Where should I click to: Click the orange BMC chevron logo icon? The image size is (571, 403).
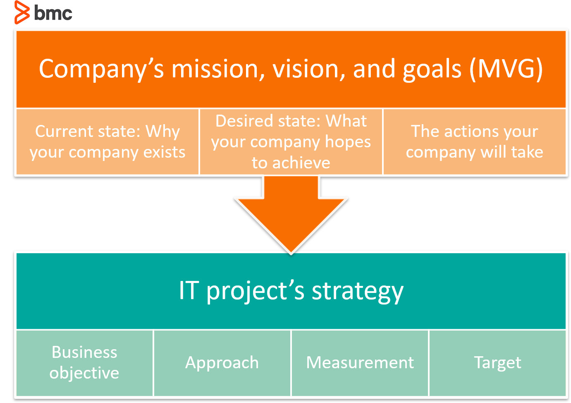22,12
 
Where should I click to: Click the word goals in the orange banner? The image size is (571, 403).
432,70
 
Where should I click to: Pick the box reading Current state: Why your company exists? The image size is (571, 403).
108,142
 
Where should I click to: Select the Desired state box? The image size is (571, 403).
291,142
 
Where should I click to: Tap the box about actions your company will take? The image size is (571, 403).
474,142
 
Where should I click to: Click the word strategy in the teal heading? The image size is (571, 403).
358,292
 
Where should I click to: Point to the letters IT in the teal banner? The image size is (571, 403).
189,290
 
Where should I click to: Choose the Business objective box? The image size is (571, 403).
84,363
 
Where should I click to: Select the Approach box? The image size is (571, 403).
222,363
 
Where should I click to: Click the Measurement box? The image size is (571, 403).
360,363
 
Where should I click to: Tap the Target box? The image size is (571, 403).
497,363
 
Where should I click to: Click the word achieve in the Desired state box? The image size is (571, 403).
301,163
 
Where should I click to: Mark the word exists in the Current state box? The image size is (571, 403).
164,153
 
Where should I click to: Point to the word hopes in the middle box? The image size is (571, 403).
348,142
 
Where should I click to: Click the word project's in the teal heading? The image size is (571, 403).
256,292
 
